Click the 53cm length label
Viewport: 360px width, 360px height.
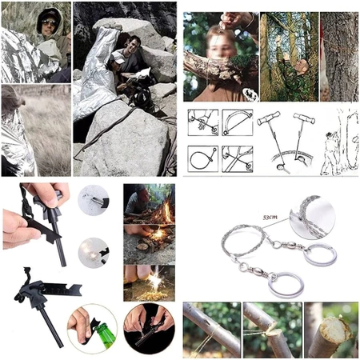point(270,217)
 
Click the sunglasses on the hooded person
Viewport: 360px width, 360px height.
point(50,23)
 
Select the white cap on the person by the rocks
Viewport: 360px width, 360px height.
point(118,57)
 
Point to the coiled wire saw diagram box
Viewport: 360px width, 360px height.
point(203,159)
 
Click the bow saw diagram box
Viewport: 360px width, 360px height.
point(238,122)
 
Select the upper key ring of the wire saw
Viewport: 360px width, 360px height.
point(320,254)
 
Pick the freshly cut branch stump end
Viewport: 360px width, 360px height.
point(333,330)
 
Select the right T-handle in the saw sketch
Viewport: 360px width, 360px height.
point(304,118)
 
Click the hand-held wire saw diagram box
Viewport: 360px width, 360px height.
point(203,122)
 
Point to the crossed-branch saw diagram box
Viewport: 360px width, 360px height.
point(238,159)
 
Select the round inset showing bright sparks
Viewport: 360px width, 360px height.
point(94,253)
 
